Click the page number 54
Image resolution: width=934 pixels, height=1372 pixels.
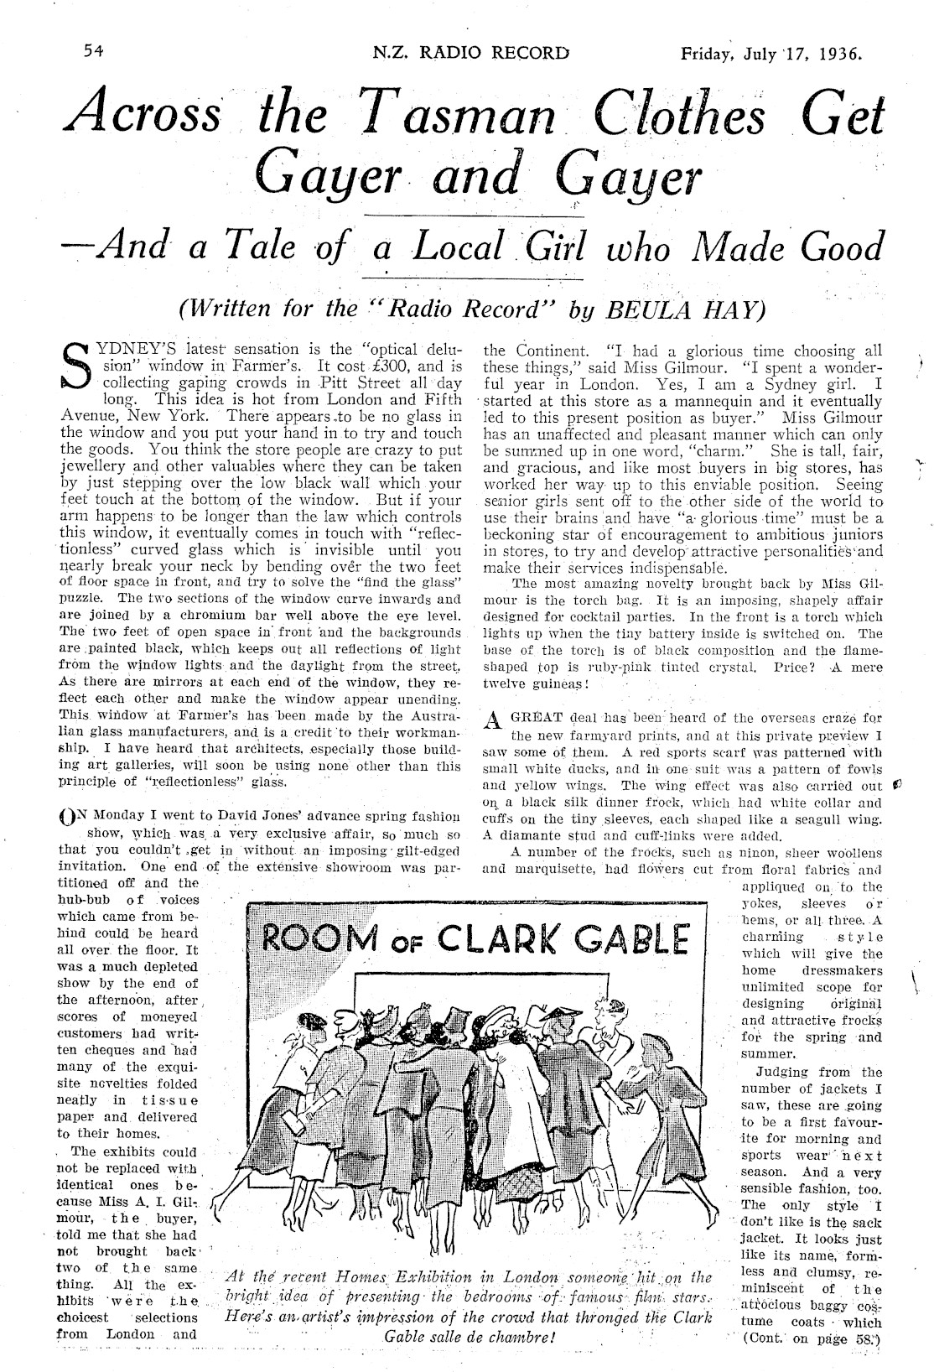93,51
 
